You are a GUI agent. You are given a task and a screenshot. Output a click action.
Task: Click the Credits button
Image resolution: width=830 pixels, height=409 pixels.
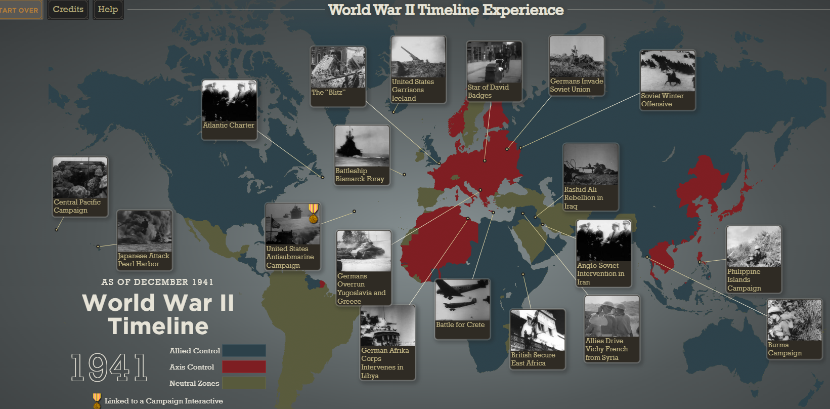tap(68, 10)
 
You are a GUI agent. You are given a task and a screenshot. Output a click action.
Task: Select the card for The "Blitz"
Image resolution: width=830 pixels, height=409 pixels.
tap(338, 76)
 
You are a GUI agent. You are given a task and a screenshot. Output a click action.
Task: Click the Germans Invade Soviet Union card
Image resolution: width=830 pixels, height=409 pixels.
tap(577, 65)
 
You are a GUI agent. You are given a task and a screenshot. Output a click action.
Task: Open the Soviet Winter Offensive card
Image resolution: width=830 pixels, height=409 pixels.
tap(668, 79)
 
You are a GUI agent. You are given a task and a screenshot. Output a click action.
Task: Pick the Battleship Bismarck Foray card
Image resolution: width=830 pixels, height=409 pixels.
tap(362, 155)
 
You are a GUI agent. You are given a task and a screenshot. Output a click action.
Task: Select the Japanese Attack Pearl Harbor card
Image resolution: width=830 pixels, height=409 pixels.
tap(144, 240)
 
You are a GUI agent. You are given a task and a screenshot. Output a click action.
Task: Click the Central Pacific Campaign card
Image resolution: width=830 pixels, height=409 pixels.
tap(80, 186)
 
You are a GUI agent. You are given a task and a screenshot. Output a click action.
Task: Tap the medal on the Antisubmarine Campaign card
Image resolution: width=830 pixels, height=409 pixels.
tap(313, 213)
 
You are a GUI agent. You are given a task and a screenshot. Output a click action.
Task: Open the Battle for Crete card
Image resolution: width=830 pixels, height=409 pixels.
tap(462, 308)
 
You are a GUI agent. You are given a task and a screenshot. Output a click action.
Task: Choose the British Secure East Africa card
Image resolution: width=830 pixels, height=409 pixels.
tap(537, 339)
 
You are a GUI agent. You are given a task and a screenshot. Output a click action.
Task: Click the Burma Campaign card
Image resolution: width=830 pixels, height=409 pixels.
tap(794, 329)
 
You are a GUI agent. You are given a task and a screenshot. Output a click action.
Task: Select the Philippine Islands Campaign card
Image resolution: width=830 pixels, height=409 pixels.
tap(754, 259)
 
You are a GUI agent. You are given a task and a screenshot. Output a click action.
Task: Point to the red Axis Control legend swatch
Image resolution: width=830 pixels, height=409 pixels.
tap(244, 367)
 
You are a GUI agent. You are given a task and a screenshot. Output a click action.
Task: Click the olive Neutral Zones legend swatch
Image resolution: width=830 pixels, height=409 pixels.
tap(244, 383)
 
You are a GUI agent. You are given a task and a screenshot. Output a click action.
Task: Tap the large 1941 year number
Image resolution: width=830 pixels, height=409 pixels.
tap(109, 367)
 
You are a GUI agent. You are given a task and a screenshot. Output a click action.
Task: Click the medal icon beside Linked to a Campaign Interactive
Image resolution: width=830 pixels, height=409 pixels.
tap(97, 401)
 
